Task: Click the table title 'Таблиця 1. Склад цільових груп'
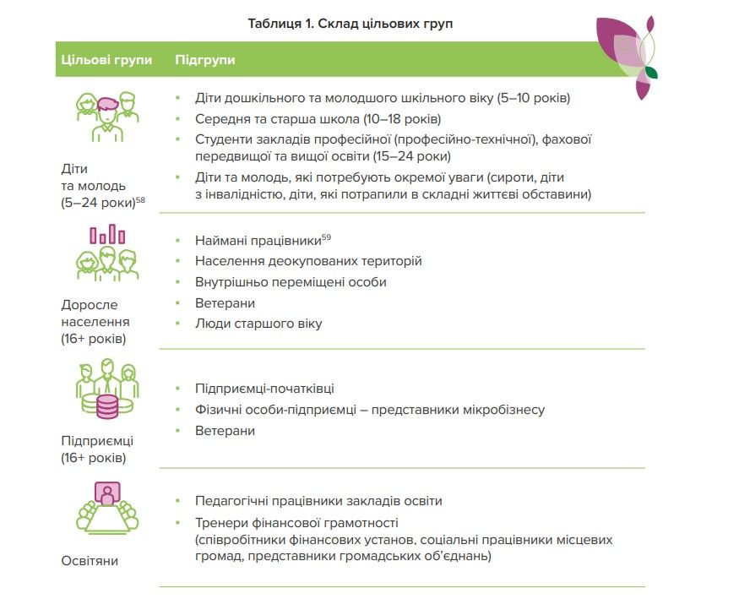[350, 24]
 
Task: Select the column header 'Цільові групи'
[106, 60]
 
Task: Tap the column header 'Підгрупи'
[204, 60]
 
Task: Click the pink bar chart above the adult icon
[107, 234]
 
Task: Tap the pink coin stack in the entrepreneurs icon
[107, 406]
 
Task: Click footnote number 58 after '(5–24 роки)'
[141, 199]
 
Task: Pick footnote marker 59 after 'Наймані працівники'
[326, 237]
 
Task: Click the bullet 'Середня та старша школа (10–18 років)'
[318, 119]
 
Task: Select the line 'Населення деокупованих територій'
[308, 261]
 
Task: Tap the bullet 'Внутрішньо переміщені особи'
[291, 282]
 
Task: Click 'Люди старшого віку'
[258, 324]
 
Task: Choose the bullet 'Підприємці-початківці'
[264, 389]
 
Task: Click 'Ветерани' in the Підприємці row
[225, 431]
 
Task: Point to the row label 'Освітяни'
[90, 560]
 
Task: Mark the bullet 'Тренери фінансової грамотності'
[296, 523]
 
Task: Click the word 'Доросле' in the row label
[90, 304]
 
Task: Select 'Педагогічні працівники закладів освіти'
[318, 501]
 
